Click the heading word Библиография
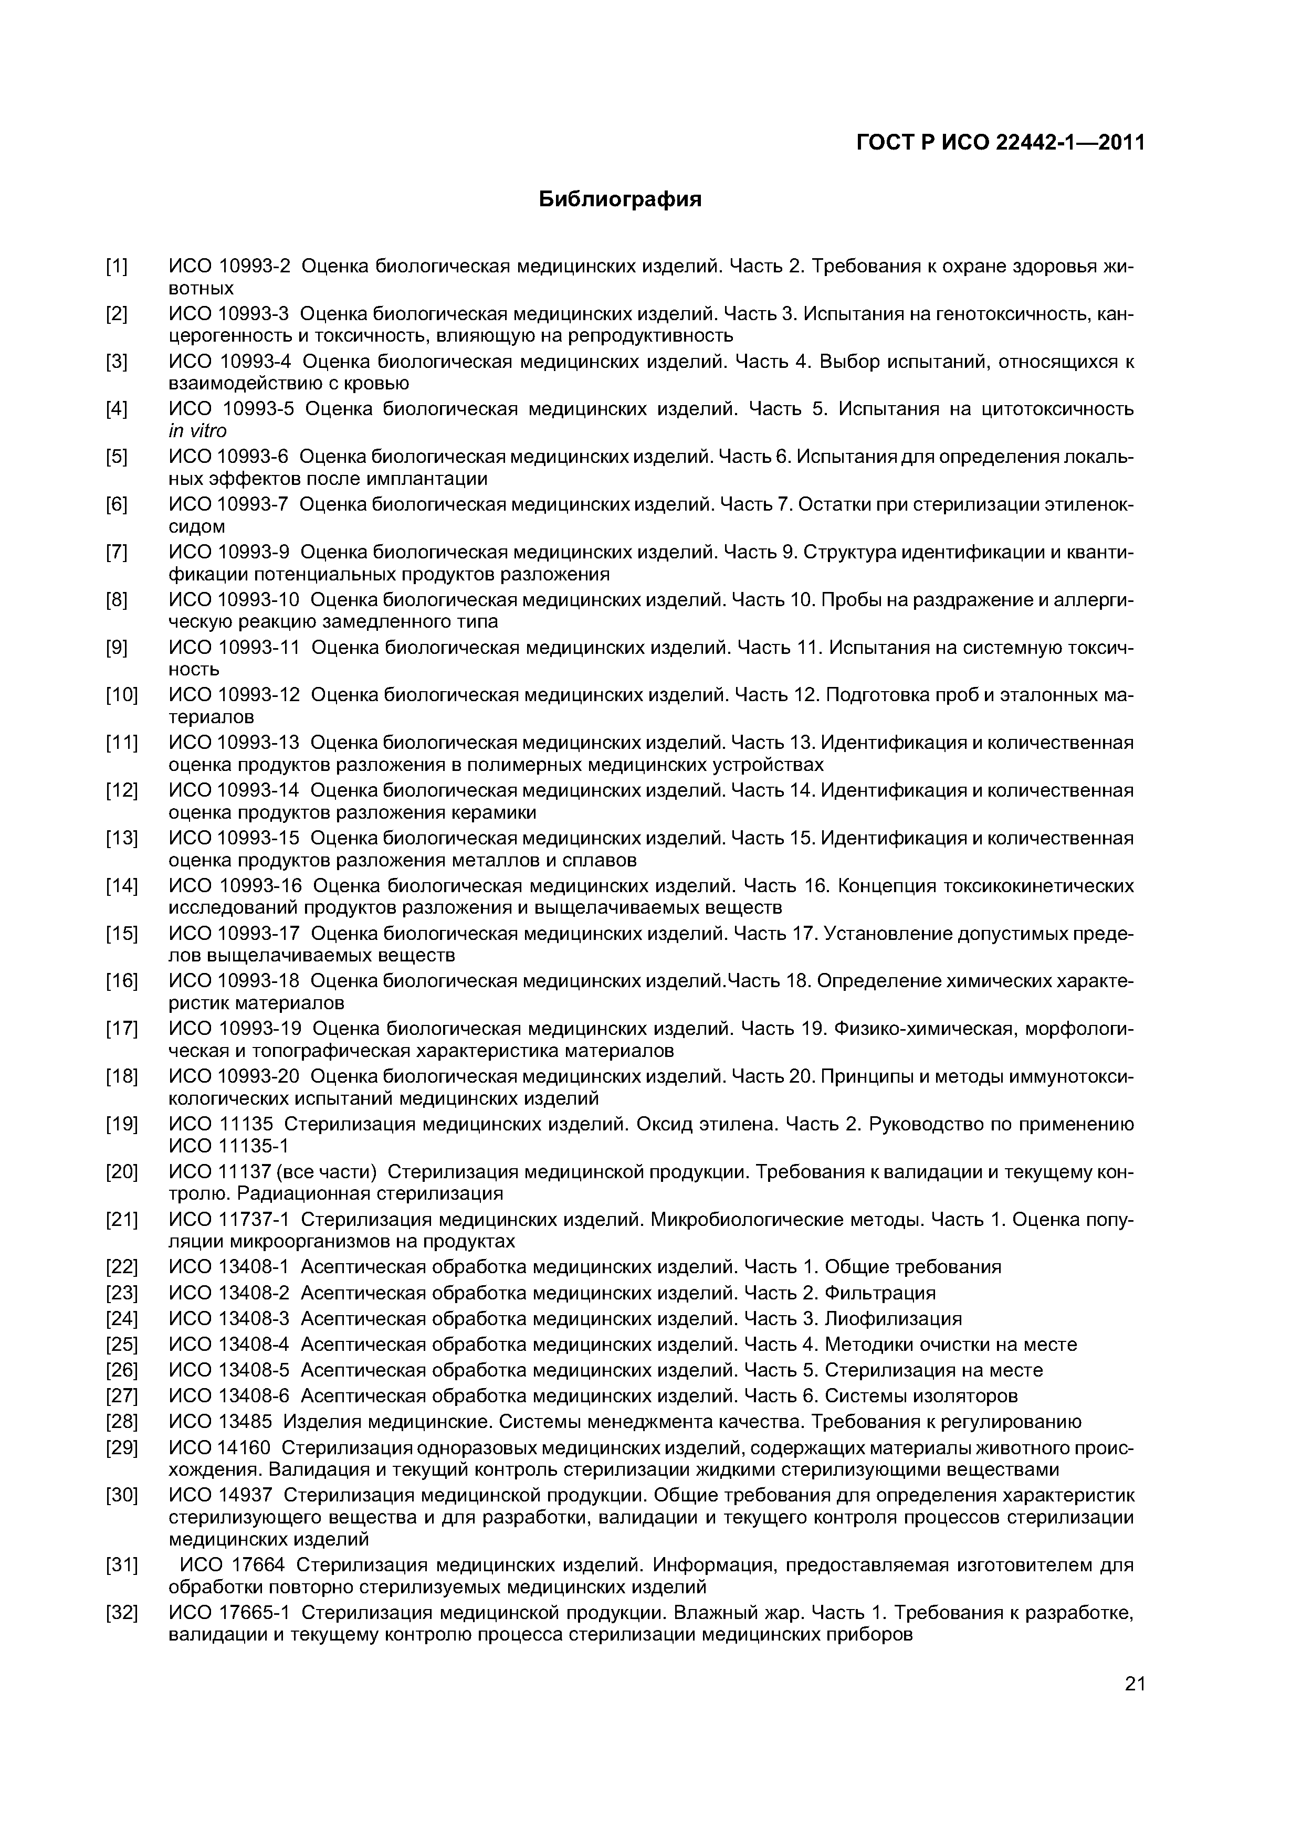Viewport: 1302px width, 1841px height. [x=619, y=199]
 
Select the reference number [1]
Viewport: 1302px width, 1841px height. [x=117, y=266]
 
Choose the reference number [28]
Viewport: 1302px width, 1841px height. [x=121, y=1422]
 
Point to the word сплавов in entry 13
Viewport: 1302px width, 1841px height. [x=597, y=860]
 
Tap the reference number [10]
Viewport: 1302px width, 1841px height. [x=121, y=694]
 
